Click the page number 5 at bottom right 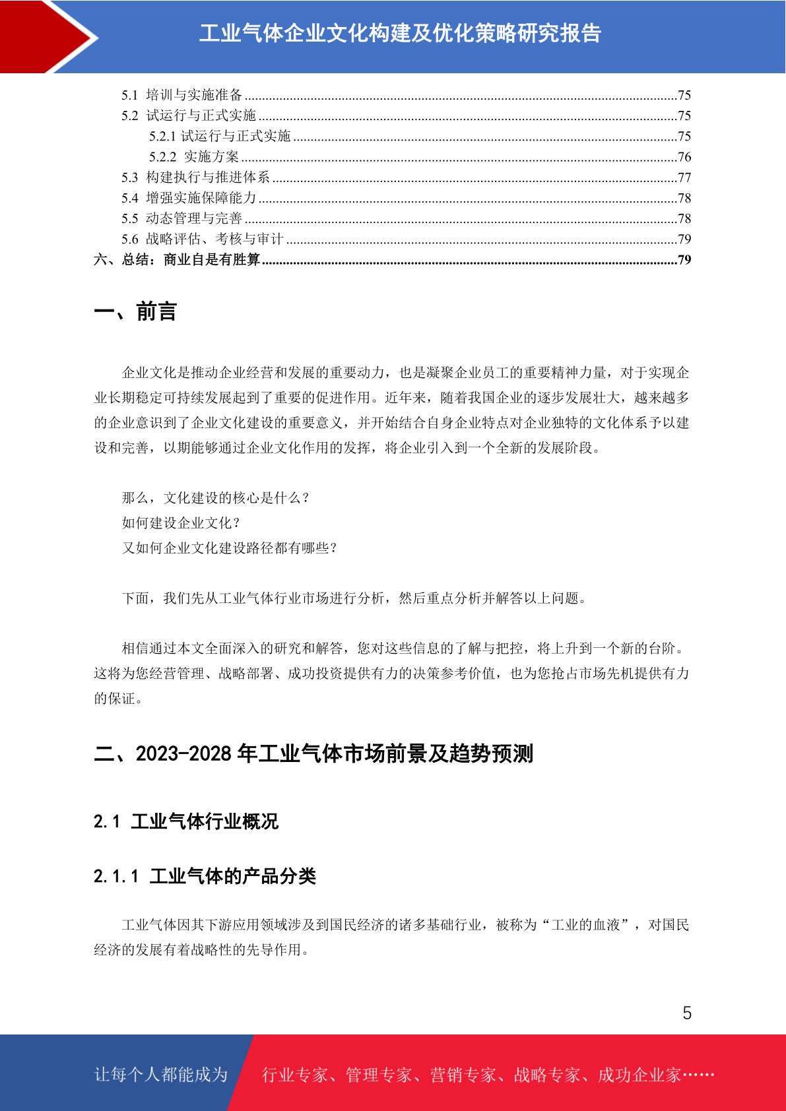pos(687,1013)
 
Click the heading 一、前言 pos(135,311)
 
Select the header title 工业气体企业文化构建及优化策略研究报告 pos(400,34)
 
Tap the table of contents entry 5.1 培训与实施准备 pos(182,95)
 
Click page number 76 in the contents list pos(684,157)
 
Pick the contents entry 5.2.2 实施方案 pos(194,157)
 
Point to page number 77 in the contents pos(684,177)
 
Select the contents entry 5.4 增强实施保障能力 pos(189,198)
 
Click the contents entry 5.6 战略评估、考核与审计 pos(202,239)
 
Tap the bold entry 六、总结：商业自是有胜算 pos(177,259)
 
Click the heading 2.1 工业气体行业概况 pos(186,821)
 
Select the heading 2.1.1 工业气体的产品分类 pos(205,876)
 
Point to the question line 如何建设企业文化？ pos(181,523)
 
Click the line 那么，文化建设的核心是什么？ pos(216,498)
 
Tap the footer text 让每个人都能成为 pos(161,1075)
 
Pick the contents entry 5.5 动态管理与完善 pos(181,218)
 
